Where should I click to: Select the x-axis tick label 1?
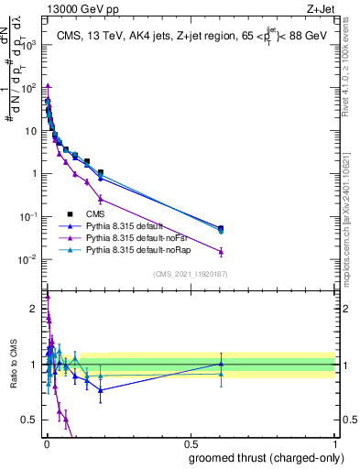point(335,444)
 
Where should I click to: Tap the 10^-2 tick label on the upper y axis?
point(29,259)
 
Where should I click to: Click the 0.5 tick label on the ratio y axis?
point(30,420)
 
